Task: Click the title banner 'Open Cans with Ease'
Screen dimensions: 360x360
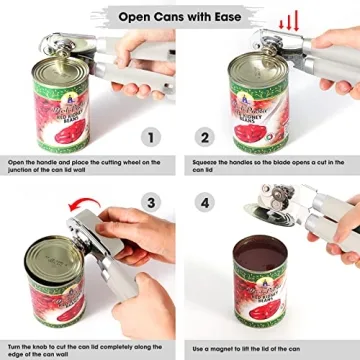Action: [180, 17]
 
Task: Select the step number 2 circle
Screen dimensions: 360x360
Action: [205, 139]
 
